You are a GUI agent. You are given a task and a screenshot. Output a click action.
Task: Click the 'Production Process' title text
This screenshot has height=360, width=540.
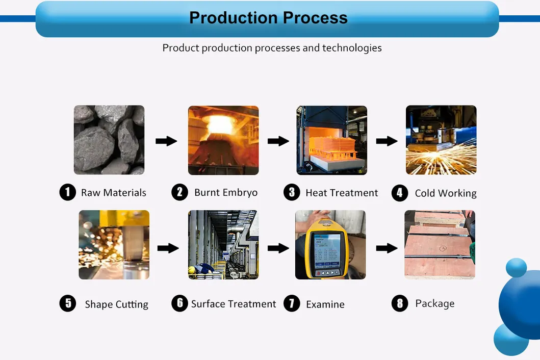pos(268,18)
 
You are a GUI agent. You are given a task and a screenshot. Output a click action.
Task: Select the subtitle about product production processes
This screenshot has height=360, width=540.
pos(272,48)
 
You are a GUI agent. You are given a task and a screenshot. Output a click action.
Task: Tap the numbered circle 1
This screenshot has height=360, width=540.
pos(67,192)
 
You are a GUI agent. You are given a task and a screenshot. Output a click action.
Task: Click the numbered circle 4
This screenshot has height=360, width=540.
pos(400,193)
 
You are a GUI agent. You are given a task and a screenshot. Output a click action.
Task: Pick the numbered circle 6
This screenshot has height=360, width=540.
pos(179,303)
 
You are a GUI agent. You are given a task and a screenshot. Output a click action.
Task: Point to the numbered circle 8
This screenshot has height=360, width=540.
pos(400,303)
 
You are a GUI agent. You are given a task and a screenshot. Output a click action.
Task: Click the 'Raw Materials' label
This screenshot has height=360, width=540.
pos(113,193)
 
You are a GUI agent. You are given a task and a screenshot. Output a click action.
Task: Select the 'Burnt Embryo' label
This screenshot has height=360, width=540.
pos(226,193)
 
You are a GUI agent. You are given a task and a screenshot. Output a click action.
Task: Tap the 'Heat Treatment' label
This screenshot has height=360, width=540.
pos(342,193)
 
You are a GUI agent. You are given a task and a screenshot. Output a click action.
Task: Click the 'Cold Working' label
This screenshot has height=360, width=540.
pos(446,193)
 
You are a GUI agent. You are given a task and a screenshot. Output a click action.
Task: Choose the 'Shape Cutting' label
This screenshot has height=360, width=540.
pos(116,304)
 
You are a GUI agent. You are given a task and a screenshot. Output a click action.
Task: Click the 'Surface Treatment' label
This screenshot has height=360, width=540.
pos(234,304)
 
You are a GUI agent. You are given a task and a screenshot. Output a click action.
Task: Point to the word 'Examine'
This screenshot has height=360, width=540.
pos(325,304)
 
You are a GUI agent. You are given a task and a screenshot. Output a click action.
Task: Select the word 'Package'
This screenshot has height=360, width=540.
pos(434,303)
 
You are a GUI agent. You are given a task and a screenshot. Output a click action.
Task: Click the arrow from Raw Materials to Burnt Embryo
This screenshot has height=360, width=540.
pos(166,141)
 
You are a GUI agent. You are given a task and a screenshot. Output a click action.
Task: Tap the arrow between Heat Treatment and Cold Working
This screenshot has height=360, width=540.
pos(387,141)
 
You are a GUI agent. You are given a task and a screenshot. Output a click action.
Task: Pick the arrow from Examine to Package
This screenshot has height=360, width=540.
pos(387,248)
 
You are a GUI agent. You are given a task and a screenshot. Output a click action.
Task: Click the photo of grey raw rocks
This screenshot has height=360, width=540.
pos(109,140)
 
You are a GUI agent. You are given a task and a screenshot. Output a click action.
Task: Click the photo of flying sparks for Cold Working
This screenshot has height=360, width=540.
pos(441,140)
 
